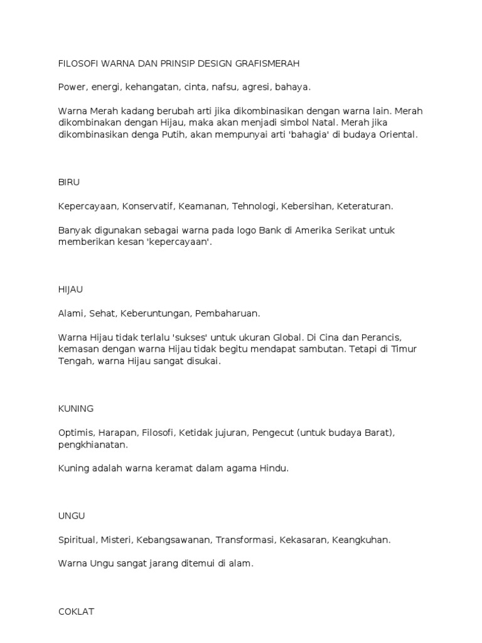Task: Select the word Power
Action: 72,87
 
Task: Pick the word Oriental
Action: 395,134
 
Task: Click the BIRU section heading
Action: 69,182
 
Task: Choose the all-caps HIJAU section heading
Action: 71,289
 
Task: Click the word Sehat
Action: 102,313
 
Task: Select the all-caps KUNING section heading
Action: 76,408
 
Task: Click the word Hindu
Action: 274,468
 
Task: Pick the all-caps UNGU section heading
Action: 72,516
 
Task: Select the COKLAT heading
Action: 76,611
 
